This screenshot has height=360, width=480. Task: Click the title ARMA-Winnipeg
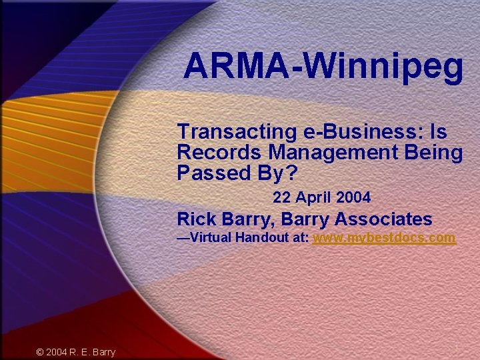[x=323, y=66]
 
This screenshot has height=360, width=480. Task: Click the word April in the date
[x=313, y=198]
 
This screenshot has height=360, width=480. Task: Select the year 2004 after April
[x=353, y=198]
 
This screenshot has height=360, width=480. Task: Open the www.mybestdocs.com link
[x=384, y=238]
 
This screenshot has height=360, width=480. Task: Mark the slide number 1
[x=457, y=349]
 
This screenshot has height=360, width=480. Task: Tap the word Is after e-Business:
[x=438, y=133]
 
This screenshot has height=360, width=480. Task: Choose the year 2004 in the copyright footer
[x=57, y=352]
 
